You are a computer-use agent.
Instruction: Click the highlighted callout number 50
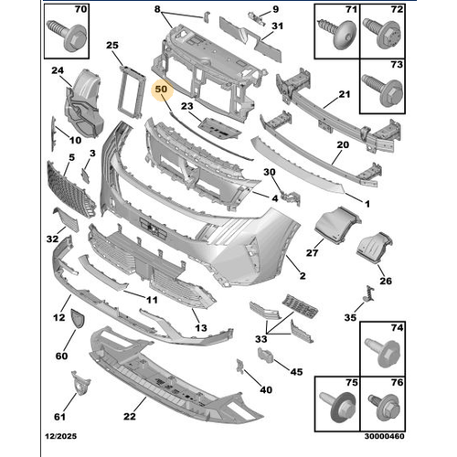point(161,89)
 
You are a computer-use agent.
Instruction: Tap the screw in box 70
point(67,36)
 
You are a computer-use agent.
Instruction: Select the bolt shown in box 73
point(382,90)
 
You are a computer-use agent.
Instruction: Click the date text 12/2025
point(61,436)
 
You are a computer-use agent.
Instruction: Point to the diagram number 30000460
point(385,436)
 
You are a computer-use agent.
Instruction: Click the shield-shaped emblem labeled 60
point(78,318)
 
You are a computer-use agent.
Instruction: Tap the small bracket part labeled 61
point(80,383)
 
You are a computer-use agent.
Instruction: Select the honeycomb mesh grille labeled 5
point(70,190)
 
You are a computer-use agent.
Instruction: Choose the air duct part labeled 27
point(336,225)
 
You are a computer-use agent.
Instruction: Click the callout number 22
point(130,416)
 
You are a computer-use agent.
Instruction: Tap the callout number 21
point(345,94)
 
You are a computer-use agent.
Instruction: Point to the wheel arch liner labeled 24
point(84,103)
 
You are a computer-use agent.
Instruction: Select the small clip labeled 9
point(257,18)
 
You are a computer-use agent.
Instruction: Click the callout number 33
point(261,339)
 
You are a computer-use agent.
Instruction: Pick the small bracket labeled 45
point(266,356)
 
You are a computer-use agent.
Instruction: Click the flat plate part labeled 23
point(219,128)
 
